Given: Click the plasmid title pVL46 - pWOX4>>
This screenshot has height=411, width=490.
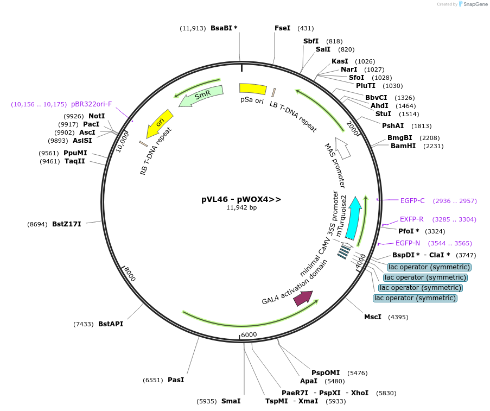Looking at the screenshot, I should point(241,199).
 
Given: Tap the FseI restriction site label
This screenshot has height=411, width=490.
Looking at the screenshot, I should point(282,28).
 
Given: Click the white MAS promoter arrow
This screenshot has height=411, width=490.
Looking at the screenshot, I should point(343,148).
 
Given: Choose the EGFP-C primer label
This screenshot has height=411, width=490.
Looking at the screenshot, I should point(412,201).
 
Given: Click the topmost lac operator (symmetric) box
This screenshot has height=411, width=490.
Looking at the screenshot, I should point(429,267).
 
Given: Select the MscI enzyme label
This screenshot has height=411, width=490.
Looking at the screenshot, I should point(372,317).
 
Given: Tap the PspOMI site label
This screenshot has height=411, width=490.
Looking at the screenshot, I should point(325,372).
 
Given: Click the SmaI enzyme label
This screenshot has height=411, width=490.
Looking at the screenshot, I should point(231,401).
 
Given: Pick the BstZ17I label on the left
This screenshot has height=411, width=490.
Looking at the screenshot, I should point(66,224).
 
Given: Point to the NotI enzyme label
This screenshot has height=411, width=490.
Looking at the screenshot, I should point(97,116).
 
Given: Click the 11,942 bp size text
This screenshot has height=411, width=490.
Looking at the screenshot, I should point(241,207).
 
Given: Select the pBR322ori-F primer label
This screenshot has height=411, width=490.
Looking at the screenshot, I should point(91,104).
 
